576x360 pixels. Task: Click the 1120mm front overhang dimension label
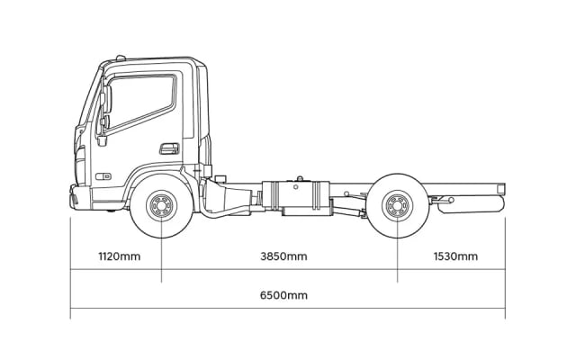[x=119, y=256]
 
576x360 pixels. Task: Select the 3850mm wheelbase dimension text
[x=283, y=256]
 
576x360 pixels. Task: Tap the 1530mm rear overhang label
[x=455, y=256]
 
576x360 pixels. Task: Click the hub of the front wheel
[x=161, y=206]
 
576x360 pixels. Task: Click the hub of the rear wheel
[x=397, y=206]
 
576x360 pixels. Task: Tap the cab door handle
[x=168, y=148]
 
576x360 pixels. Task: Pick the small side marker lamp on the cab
[x=104, y=176]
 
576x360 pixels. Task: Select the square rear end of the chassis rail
[x=500, y=188]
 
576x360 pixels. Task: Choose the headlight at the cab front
[x=80, y=166]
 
